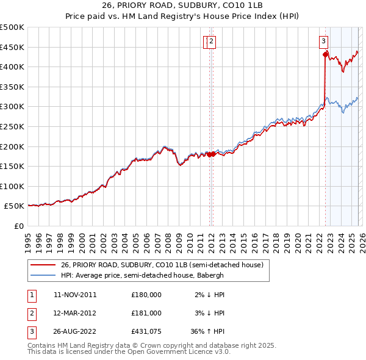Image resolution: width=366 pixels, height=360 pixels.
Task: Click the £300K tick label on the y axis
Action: (12, 107)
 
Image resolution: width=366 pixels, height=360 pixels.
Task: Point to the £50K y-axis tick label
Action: (15, 207)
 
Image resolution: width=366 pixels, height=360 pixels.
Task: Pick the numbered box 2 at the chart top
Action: (211, 41)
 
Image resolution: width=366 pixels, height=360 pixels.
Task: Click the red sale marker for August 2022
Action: (325, 54)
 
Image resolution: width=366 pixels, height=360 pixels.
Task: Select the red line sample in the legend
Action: (42, 265)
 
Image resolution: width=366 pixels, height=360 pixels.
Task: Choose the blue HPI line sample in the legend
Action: (42, 275)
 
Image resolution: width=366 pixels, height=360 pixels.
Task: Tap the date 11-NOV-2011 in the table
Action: (75, 294)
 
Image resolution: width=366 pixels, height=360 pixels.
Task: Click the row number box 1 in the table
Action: (31, 294)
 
